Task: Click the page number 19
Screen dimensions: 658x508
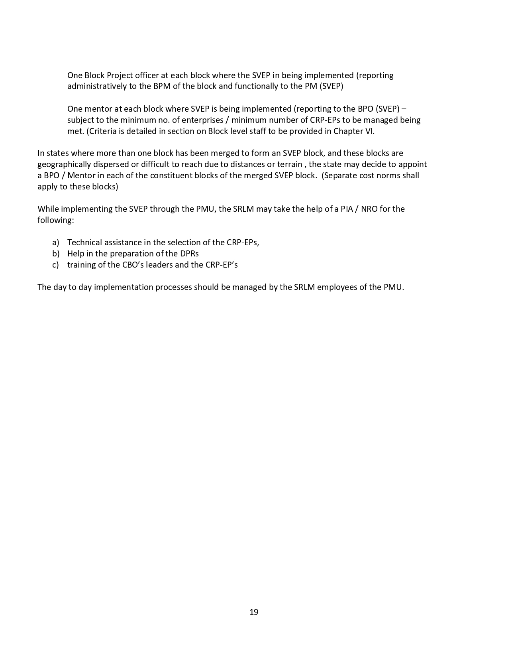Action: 254,612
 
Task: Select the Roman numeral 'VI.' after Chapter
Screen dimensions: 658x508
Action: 370,131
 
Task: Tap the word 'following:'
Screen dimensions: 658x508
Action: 56,220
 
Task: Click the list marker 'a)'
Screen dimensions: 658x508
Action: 55,242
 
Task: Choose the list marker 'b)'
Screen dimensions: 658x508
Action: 55,254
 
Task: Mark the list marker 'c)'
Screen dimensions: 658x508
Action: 55,265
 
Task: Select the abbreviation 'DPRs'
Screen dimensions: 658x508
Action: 190,254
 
